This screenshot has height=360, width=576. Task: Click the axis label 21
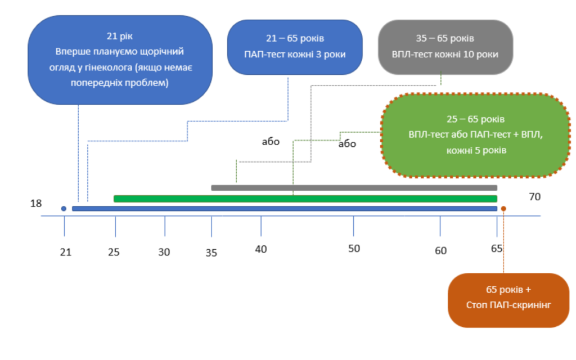(66, 252)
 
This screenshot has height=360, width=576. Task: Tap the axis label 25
(114, 252)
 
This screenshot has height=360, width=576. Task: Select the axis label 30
(164, 252)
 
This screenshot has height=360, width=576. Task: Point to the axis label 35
(211, 253)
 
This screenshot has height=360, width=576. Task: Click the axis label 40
(261, 249)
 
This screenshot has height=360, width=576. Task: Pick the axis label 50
(353, 249)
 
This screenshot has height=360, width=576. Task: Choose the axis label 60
(440, 250)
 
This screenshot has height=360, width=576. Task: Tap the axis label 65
(496, 249)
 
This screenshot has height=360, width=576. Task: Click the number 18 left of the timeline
(36, 204)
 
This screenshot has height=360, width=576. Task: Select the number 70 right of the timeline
(534, 196)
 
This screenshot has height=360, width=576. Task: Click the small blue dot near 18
(64, 209)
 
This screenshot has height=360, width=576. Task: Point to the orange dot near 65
(503, 209)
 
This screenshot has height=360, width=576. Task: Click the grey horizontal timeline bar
(354, 188)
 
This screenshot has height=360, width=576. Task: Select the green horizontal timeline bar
(305, 199)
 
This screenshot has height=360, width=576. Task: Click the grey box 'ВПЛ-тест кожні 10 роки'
(445, 47)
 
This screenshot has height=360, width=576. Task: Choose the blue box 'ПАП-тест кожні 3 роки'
(295, 47)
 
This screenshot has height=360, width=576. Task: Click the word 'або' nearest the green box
(347, 144)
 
